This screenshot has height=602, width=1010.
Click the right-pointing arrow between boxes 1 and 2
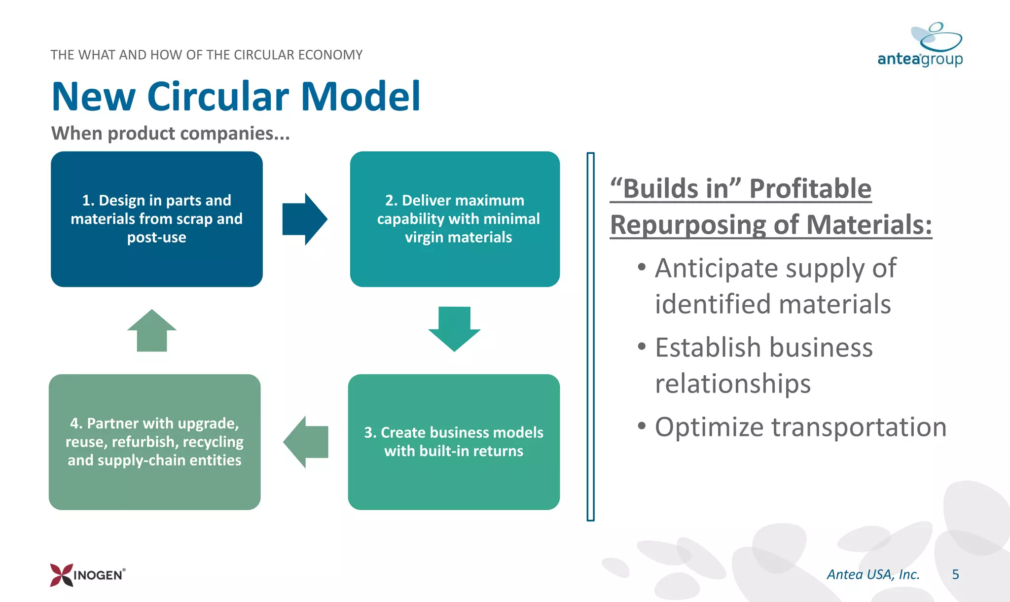[x=304, y=219]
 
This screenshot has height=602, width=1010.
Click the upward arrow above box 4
[x=152, y=331]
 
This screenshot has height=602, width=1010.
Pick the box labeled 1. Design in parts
[x=157, y=219]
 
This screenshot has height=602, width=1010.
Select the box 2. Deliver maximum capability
[x=455, y=219]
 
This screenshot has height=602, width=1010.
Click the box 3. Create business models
[x=454, y=442]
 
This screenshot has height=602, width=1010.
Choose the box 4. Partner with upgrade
[x=155, y=442]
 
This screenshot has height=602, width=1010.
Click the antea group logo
[x=920, y=45]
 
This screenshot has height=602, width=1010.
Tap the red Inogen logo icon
[x=62, y=575]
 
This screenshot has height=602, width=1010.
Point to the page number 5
[x=955, y=574]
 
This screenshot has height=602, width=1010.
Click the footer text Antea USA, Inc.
[x=873, y=574]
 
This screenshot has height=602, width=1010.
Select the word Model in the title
[x=361, y=97]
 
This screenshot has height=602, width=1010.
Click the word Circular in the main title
[x=217, y=97]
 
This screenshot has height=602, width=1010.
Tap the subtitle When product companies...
[x=170, y=133]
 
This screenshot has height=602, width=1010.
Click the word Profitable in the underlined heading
[x=810, y=189]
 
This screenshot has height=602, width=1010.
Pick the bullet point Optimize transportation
[x=800, y=427]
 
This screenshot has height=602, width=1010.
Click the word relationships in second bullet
[x=732, y=384]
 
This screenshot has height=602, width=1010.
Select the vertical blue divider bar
[x=590, y=336]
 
